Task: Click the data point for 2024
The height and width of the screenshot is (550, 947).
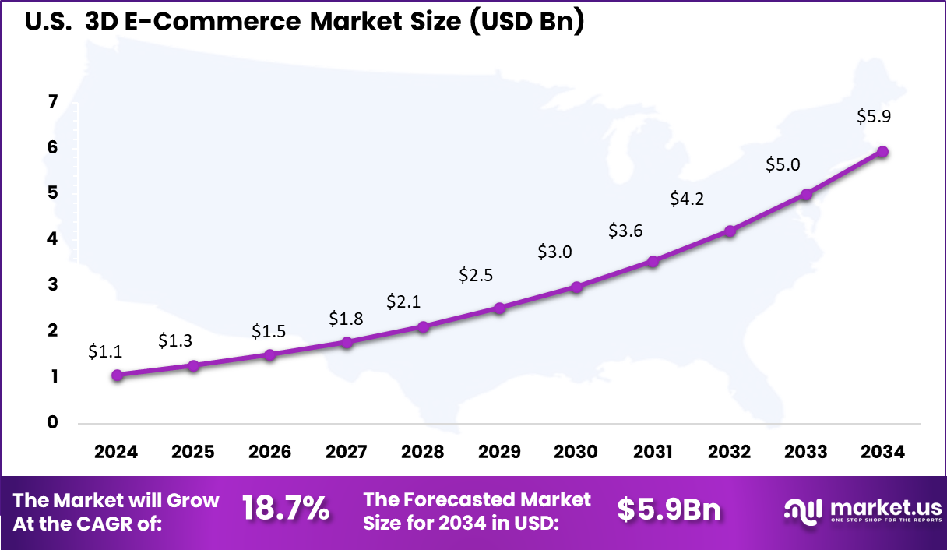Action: [117, 375]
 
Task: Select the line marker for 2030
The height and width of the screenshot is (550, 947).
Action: [576, 287]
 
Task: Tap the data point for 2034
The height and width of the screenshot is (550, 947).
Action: [882, 151]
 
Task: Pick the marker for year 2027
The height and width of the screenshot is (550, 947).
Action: [347, 342]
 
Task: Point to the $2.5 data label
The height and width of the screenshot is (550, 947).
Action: [476, 275]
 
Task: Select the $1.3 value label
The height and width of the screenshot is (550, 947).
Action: [175, 340]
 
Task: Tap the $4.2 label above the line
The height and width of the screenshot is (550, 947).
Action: [687, 199]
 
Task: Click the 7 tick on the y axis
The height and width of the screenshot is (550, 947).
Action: [52, 101]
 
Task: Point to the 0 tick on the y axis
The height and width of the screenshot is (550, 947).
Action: [52, 422]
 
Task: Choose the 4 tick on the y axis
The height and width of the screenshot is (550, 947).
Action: [52, 238]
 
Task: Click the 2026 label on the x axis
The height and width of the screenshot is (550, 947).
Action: [269, 452]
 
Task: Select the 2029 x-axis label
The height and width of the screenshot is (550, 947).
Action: [499, 452]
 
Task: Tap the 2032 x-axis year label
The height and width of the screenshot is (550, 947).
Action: [730, 452]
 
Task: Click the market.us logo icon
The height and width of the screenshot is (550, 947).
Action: [802, 510]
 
